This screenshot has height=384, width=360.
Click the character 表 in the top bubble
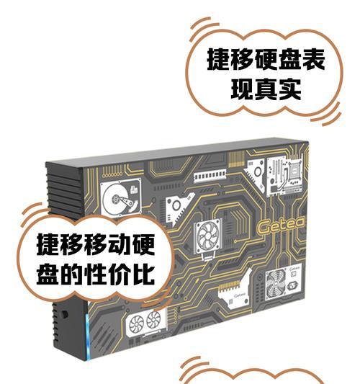(x=314, y=60)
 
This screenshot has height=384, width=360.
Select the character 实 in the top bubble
(x=290, y=89)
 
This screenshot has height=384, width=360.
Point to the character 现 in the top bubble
(x=243, y=89)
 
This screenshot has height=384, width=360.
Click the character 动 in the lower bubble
(x=120, y=244)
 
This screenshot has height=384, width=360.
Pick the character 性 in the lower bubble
(x=96, y=274)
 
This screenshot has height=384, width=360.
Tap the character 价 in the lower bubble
(x=120, y=274)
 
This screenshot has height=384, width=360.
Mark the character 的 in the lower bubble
(x=72, y=274)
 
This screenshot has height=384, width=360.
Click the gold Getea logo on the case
(x=281, y=226)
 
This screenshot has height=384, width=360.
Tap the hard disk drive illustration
(x=121, y=197)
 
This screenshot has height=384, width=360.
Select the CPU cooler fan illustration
(x=208, y=236)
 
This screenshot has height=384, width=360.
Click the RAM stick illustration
(x=210, y=175)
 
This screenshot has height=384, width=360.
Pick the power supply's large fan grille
(x=276, y=284)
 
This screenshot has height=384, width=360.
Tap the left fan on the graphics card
(x=136, y=323)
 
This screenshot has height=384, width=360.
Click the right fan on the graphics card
(x=153, y=319)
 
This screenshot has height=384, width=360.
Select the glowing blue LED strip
(x=88, y=336)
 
